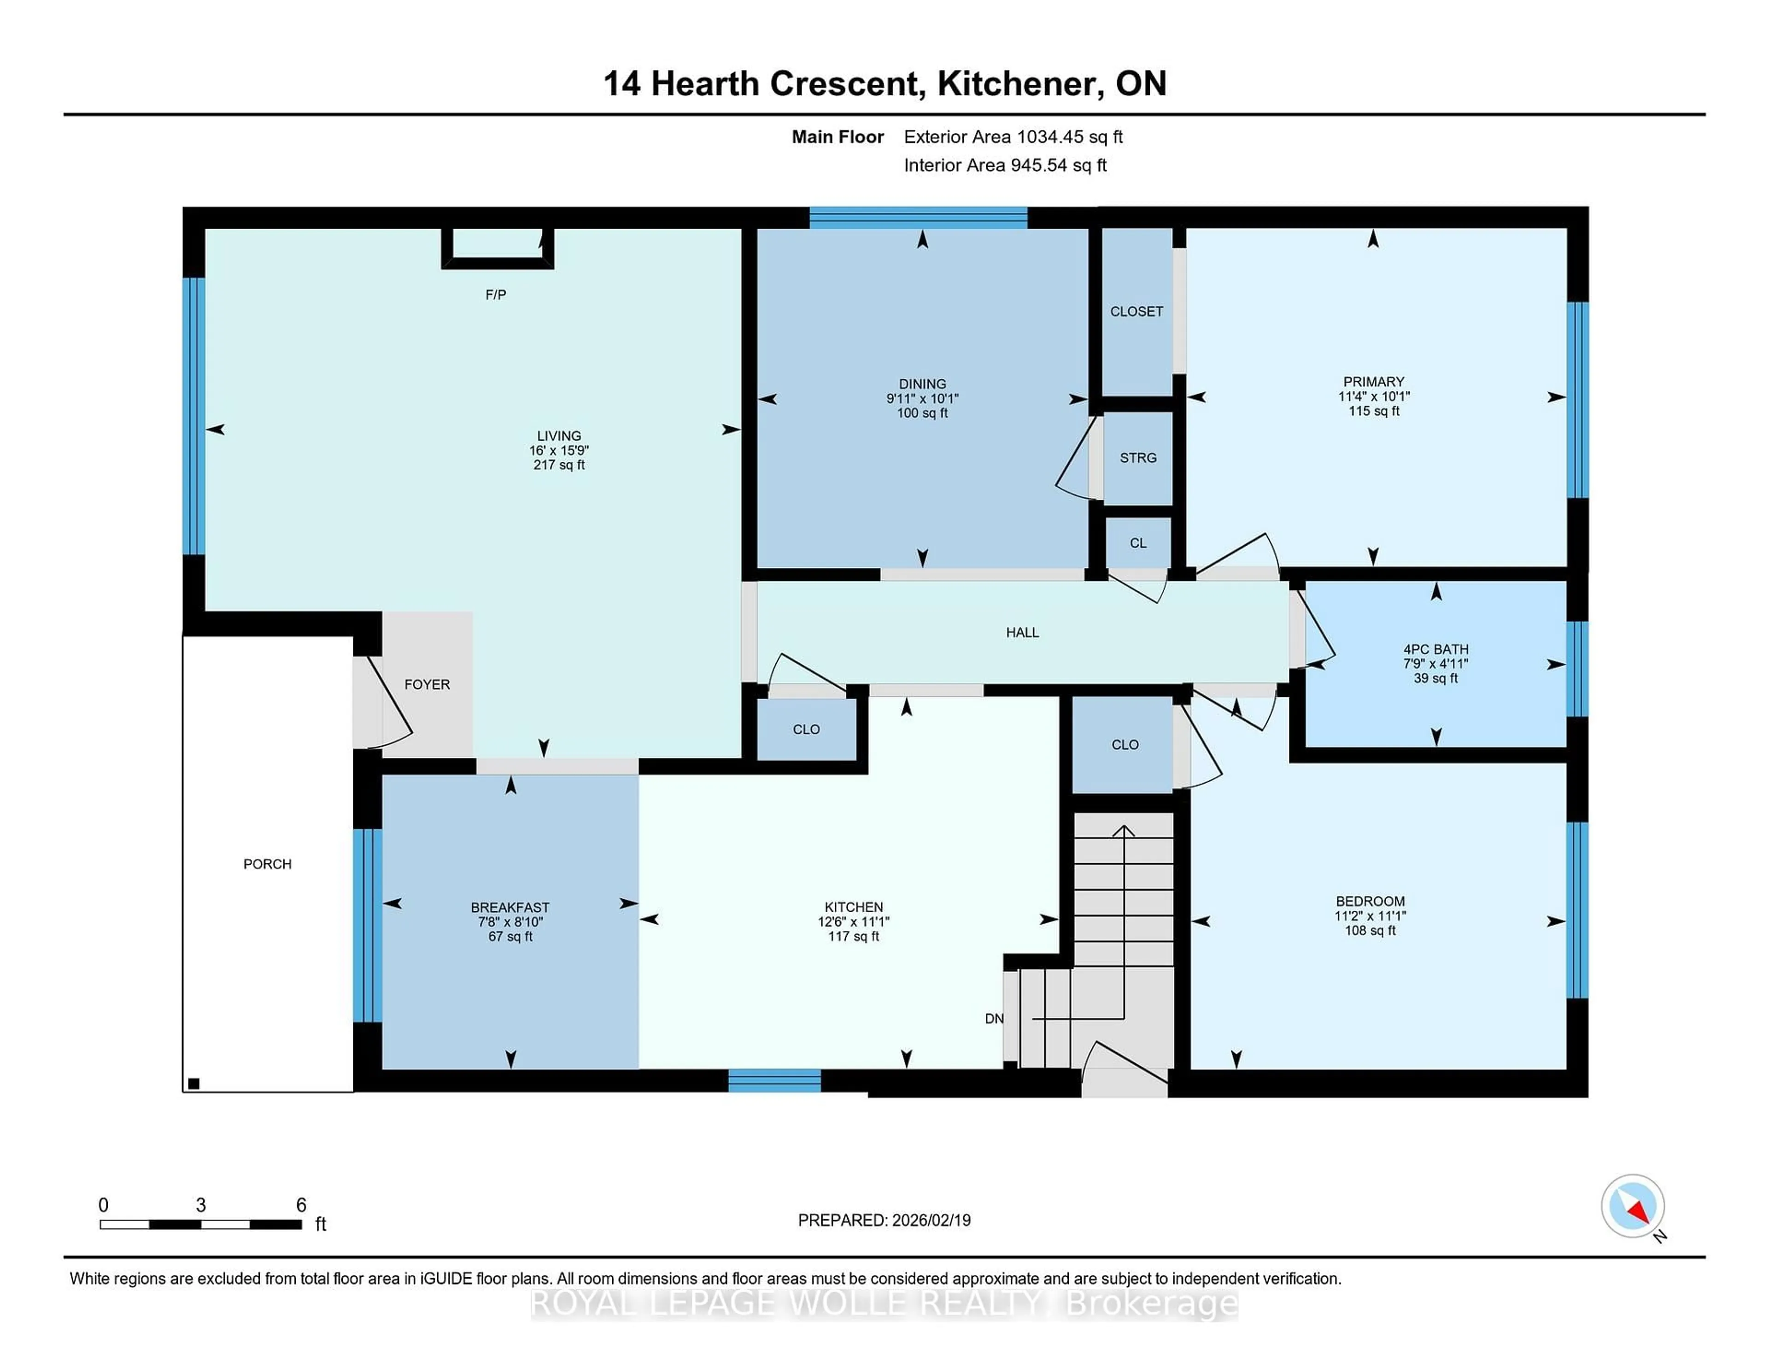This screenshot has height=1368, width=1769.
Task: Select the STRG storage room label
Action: point(1137,458)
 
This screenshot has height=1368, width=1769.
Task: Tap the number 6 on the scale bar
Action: point(301,1205)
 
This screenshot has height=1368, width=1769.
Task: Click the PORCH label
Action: point(267,864)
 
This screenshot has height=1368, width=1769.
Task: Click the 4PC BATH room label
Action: point(1435,649)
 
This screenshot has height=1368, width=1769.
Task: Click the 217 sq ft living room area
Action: point(559,465)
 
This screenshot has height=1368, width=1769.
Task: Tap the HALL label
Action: point(1022,632)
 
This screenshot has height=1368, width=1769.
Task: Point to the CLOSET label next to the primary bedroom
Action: point(1136,311)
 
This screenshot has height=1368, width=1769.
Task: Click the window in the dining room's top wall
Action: point(919,217)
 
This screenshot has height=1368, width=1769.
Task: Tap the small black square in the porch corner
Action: point(193,1084)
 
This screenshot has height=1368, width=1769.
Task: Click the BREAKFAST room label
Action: point(510,908)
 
